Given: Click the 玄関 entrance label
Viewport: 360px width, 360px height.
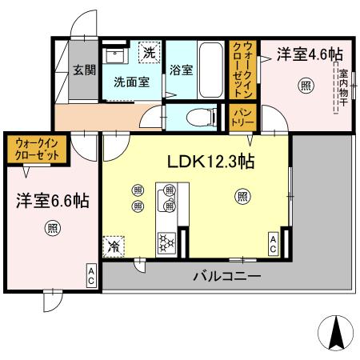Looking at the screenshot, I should (x=79, y=70).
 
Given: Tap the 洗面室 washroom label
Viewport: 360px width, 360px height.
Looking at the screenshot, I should (x=130, y=82).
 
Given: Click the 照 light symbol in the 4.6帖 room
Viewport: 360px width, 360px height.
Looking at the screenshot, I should (x=305, y=87).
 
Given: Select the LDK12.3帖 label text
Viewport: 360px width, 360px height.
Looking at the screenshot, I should (x=210, y=162).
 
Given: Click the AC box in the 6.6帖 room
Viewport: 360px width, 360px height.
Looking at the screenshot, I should (x=91, y=277).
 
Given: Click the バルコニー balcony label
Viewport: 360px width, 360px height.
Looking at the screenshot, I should (x=226, y=277).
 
